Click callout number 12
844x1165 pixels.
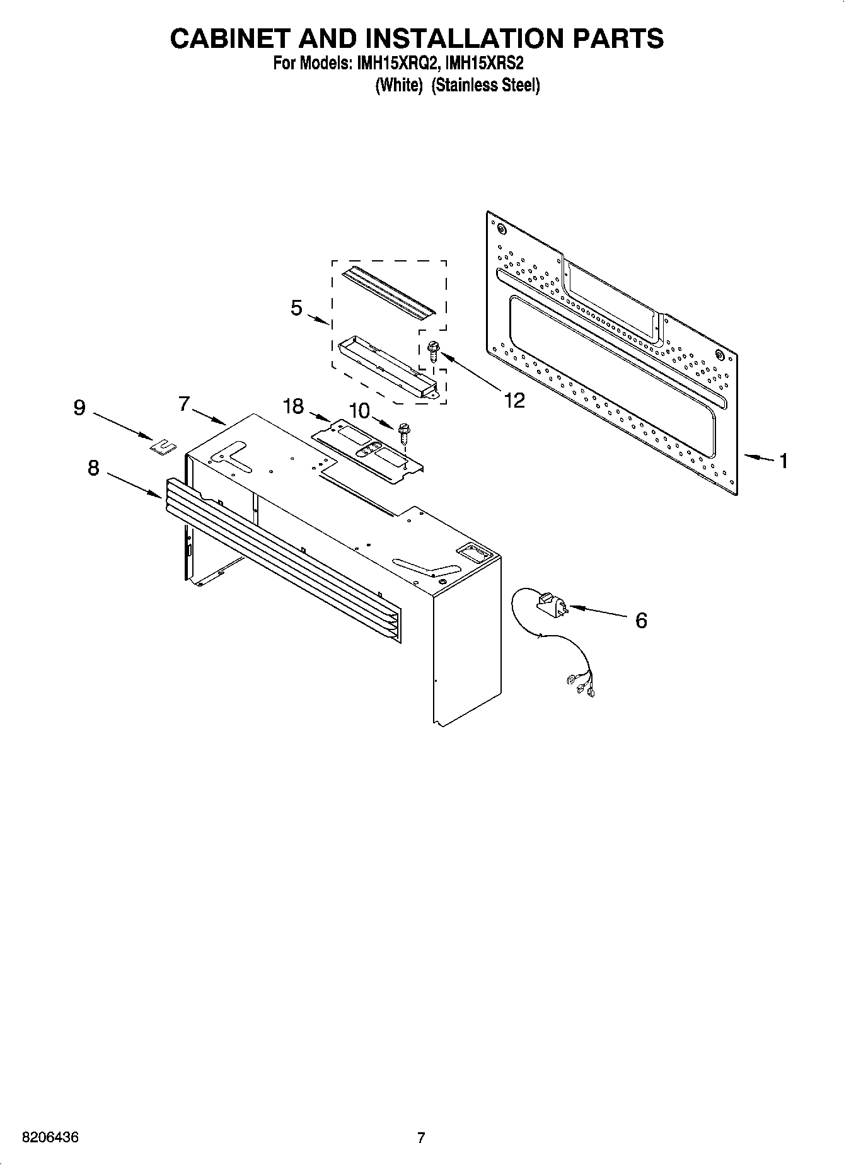(x=514, y=400)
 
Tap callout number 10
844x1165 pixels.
(x=359, y=411)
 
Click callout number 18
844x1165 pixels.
(x=294, y=406)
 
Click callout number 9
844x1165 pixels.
(x=79, y=408)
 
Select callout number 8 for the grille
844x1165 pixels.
(x=93, y=468)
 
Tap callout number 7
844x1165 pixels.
(x=183, y=403)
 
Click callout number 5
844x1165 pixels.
(x=296, y=308)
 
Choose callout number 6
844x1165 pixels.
(x=640, y=621)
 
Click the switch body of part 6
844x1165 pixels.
(x=551, y=604)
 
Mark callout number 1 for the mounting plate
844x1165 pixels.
(x=783, y=461)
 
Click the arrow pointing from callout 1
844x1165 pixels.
(x=759, y=457)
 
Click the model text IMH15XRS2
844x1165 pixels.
(x=484, y=64)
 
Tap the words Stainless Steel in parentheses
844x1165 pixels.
(x=485, y=85)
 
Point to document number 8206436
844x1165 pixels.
(x=50, y=1138)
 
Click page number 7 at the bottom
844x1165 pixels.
(x=421, y=1138)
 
